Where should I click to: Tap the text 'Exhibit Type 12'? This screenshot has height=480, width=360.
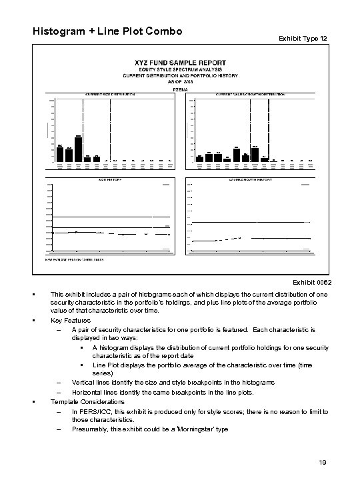(x=302, y=39)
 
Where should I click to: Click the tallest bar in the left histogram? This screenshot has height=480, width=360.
(x=78, y=149)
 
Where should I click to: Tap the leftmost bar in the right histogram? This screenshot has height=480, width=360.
(x=199, y=159)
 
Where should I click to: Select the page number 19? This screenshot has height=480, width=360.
(x=321, y=463)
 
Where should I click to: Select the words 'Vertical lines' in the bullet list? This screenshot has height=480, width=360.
(x=93, y=383)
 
